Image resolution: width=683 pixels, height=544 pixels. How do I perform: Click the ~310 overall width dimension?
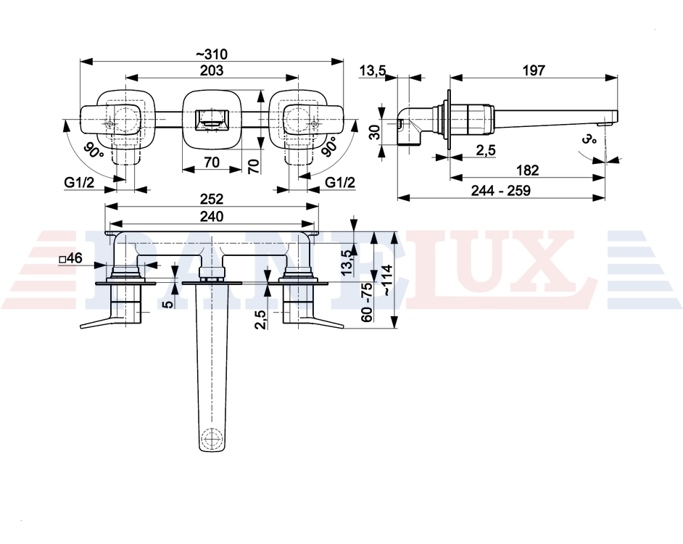211,54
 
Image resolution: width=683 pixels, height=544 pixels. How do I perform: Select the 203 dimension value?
212,70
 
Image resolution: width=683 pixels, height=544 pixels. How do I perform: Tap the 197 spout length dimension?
534,70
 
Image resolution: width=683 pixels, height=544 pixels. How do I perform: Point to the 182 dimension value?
528,170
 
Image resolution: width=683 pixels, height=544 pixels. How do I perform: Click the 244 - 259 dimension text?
501,191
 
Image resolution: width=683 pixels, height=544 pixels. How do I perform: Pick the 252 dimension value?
212,199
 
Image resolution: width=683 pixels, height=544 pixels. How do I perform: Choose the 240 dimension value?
212,216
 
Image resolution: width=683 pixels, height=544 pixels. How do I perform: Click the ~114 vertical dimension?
387,280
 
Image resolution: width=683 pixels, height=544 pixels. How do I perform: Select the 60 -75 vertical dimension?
367,302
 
